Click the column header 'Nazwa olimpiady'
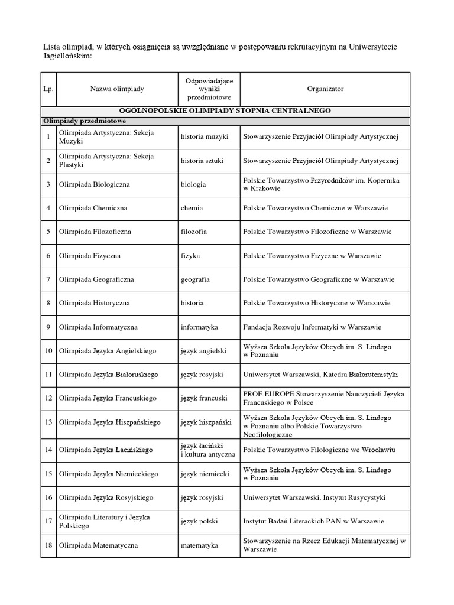(117, 89)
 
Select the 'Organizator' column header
(325, 89)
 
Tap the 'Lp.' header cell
(48, 89)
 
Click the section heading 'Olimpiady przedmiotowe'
(80, 120)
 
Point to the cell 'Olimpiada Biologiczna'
(94, 184)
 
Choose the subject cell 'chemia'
(193, 208)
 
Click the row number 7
(48, 279)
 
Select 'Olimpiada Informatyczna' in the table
(98, 327)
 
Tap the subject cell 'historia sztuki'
(203, 161)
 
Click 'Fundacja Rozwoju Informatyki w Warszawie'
(312, 327)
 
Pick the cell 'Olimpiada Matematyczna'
(98, 545)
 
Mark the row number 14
(48, 450)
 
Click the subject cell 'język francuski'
(205, 398)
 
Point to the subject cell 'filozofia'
(195, 232)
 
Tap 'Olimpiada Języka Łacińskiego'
(105, 450)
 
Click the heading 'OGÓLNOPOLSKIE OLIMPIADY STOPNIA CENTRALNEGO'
(225, 110)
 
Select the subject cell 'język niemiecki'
(205, 474)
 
